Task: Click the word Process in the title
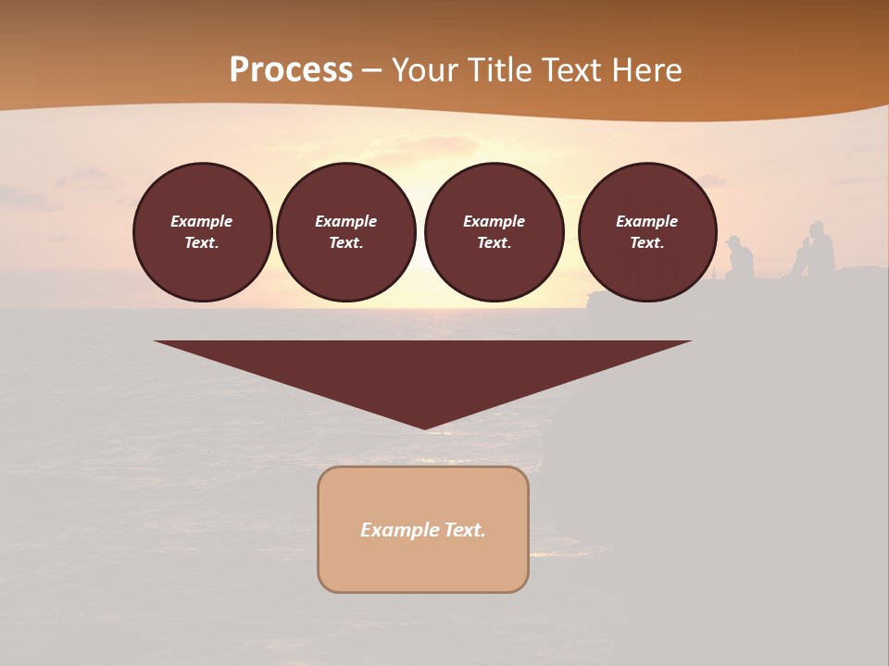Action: (291, 70)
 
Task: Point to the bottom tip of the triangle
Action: (424, 427)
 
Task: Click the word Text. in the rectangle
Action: (465, 530)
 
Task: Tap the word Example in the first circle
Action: (202, 221)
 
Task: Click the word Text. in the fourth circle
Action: (647, 243)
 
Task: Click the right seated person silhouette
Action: (818, 250)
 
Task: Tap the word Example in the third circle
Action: (495, 221)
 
